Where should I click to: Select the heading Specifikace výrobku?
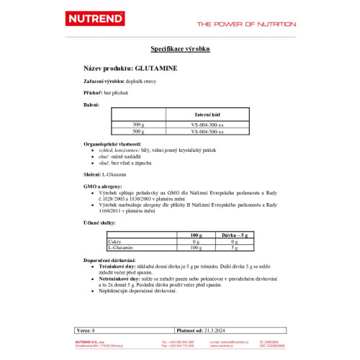tap(179, 49)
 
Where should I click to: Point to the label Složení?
tap(94, 174)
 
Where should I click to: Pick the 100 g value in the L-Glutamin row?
tap(196, 248)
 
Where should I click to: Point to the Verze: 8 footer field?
tap(84, 330)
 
